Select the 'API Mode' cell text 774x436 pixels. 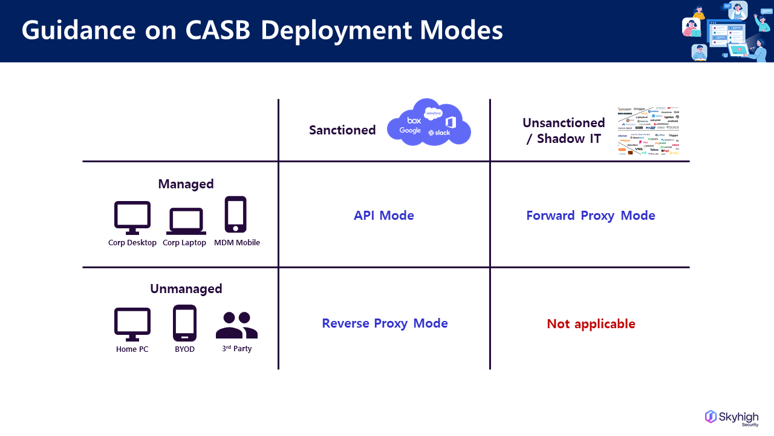point(384,216)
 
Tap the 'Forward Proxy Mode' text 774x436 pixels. point(590,216)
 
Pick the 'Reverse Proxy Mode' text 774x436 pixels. point(385,323)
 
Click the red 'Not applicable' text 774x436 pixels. point(591,324)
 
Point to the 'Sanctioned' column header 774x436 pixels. point(342,130)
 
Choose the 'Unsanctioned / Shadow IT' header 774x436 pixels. point(564,131)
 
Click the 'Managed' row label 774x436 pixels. point(186,184)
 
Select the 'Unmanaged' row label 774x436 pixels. point(186,289)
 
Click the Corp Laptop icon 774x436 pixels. point(186,221)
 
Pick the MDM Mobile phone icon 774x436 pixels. point(236,214)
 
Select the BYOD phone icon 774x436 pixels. point(184,323)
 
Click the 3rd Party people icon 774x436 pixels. point(236,325)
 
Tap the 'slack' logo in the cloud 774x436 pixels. point(439,133)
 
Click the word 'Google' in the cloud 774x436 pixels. point(410,131)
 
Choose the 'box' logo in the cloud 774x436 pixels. point(414,121)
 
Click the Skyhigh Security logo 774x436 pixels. point(732,418)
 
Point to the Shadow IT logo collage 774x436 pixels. point(648,131)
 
